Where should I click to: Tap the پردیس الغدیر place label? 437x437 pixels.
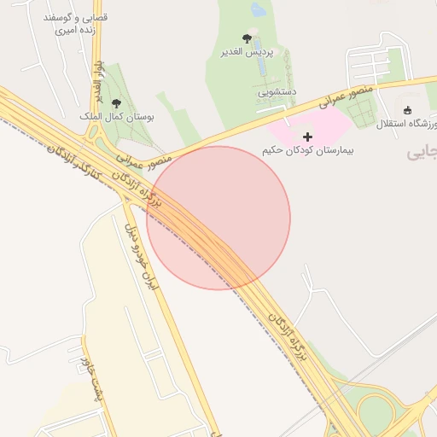[247, 52]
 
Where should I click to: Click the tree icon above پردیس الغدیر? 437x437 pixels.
[247, 38]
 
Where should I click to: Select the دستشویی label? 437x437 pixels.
[276, 90]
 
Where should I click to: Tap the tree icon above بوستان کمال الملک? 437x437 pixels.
[116, 102]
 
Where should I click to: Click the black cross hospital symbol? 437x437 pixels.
[307, 137]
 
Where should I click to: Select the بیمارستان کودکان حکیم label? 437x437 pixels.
[307, 150]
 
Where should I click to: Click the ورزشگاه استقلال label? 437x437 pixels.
[407, 123]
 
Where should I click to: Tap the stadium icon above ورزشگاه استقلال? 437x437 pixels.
[407, 110]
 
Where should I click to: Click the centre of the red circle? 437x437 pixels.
[218, 218]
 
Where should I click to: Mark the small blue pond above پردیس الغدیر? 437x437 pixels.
[258, 9]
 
